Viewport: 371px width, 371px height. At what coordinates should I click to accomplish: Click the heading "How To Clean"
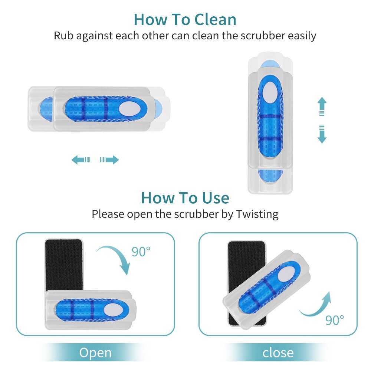[185, 19]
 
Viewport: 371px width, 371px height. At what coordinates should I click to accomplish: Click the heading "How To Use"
[185, 198]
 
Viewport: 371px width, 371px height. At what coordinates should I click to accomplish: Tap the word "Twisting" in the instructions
[257, 214]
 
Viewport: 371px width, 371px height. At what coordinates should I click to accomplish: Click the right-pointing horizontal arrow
[109, 160]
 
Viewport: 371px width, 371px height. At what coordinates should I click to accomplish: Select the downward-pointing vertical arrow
[322, 134]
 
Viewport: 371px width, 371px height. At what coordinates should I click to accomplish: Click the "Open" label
[95, 353]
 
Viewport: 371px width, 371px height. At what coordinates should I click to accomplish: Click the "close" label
[278, 353]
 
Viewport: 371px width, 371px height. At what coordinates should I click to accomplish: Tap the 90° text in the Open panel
[141, 252]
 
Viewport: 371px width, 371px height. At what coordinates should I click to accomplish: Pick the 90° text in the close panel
[335, 319]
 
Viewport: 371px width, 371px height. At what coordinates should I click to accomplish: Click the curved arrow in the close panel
[315, 306]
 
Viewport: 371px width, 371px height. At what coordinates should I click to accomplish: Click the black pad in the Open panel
[63, 263]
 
